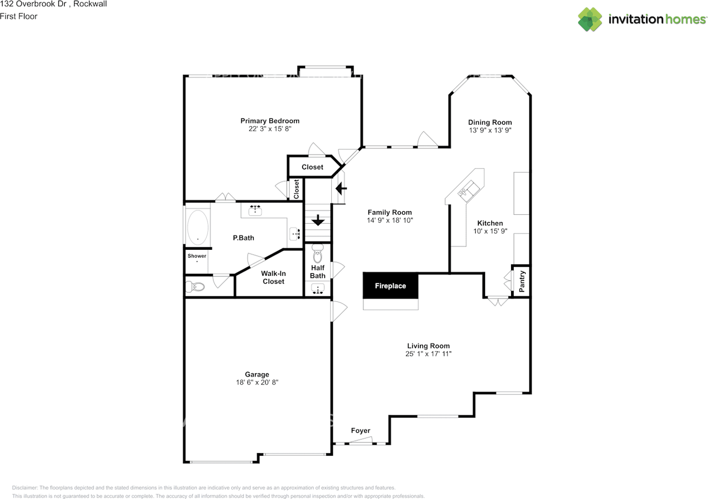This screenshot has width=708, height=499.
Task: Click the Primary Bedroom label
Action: tap(269, 121)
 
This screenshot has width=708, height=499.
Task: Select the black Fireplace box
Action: tap(391, 286)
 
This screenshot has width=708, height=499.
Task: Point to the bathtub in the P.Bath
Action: tap(197, 227)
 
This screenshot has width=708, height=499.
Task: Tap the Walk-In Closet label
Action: tap(273, 277)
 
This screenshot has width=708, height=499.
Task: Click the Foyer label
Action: tap(361, 431)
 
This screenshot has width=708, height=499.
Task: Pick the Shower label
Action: tap(196, 256)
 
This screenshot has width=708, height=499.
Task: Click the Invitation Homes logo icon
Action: tap(590, 19)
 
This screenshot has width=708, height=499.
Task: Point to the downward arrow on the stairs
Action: tap(318, 220)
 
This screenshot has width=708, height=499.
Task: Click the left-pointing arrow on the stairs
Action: tap(341, 189)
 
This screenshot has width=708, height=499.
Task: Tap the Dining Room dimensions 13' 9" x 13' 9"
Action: tap(490, 131)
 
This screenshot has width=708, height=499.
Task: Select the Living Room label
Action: tap(428, 346)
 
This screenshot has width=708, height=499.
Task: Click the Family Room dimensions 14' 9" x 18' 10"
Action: tap(390, 220)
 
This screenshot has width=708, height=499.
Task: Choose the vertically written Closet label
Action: tap(296, 189)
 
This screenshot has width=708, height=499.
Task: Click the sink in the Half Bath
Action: tap(318, 288)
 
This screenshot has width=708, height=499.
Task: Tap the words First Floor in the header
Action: tap(19, 16)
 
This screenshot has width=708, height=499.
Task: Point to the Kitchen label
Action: tap(490, 223)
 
